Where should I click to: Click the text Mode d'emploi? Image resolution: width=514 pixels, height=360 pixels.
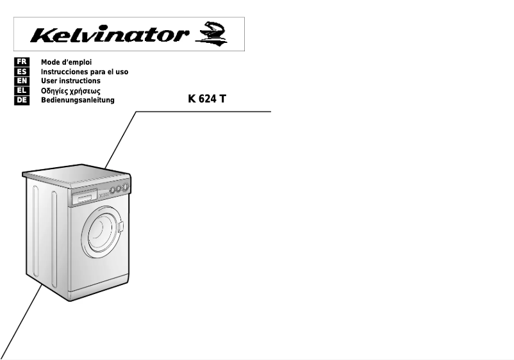pyautogui.click(x=67, y=62)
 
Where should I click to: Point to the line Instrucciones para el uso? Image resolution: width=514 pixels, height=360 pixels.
pyautogui.click(x=85, y=72)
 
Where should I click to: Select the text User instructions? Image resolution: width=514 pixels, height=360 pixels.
pyautogui.click(x=70, y=81)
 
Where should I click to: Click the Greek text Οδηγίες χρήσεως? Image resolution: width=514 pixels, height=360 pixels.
pyautogui.click(x=70, y=91)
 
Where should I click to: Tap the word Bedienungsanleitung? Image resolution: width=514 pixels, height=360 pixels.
pyautogui.click(x=78, y=101)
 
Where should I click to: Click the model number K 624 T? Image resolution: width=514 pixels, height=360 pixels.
pyautogui.click(x=207, y=100)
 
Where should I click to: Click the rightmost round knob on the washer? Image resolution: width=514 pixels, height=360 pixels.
pyautogui.click(x=125, y=188)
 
